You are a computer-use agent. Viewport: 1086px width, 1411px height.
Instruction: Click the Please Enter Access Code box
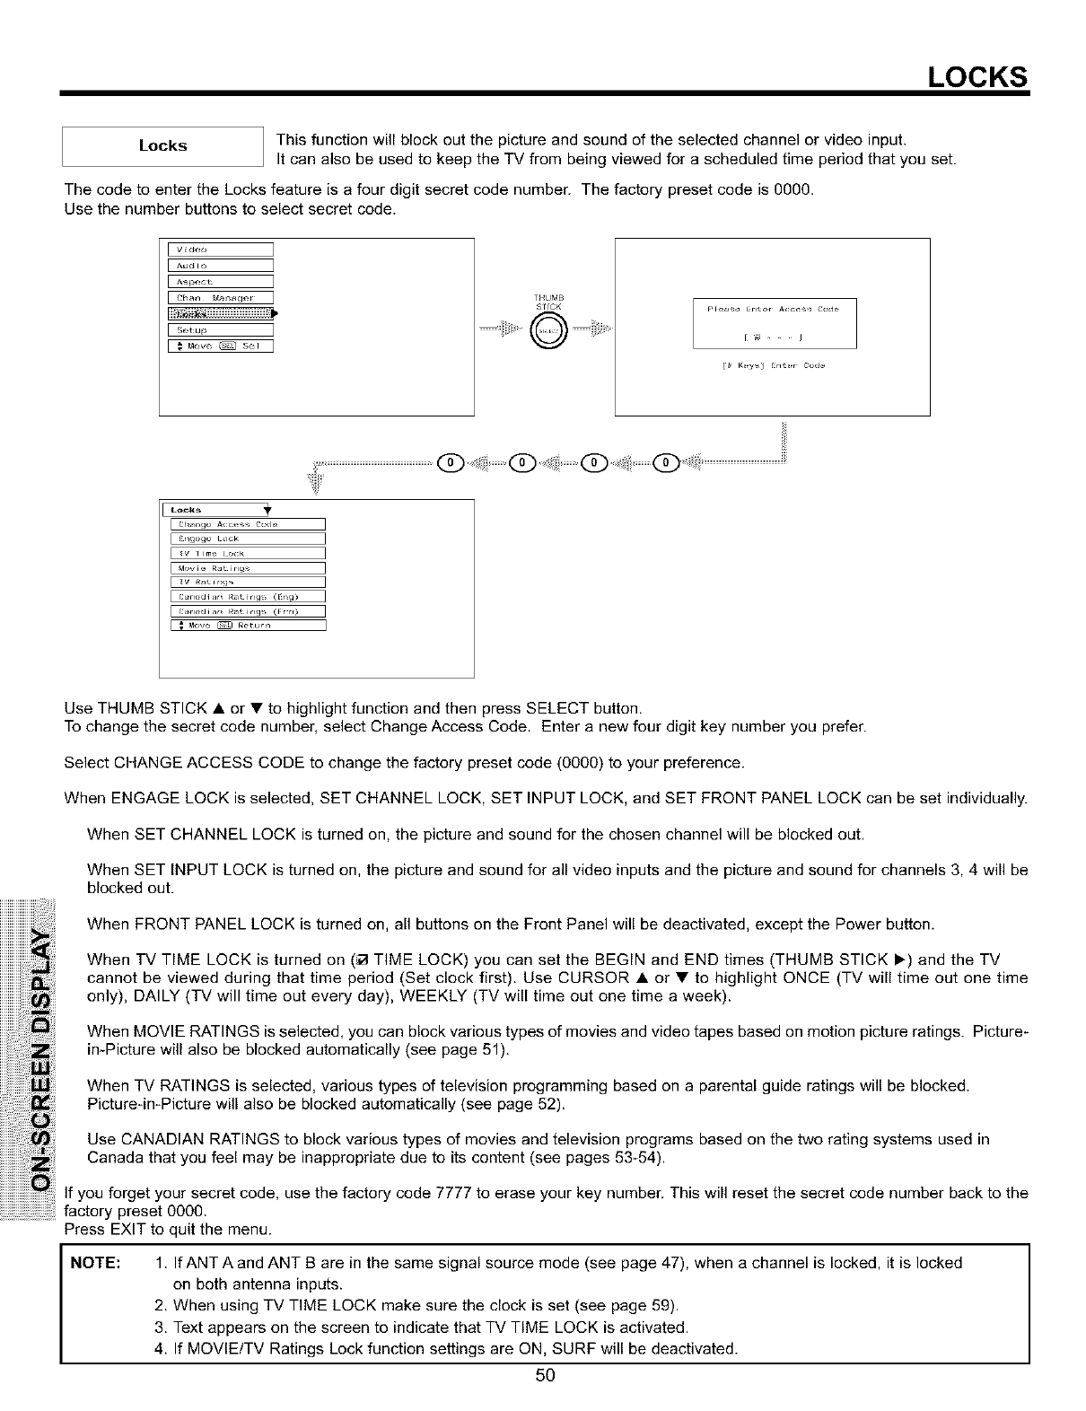click(775, 322)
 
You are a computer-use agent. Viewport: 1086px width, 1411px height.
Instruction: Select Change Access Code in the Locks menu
click(247, 525)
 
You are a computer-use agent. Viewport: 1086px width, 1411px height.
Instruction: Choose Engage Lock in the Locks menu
click(247, 539)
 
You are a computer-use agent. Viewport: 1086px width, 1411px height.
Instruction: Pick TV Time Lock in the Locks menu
click(247, 554)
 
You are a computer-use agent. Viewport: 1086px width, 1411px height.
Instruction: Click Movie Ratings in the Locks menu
click(247, 568)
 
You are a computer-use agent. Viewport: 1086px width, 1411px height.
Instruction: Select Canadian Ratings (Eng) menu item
click(247, 597)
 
